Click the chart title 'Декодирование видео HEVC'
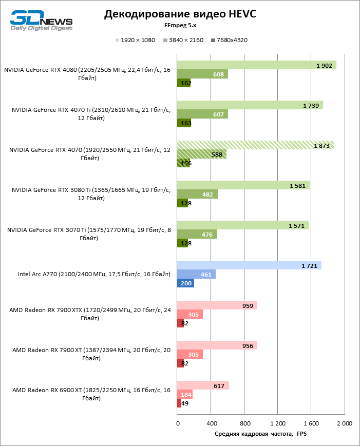(180, 14)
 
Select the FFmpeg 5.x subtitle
(180, 26)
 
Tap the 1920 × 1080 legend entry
(136, 40)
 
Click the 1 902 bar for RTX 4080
(256, 65)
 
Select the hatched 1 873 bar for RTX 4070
(255, 145)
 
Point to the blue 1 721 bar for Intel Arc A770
(249, 265)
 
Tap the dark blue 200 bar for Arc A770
(185, 283)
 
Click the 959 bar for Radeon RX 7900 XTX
(217, 305)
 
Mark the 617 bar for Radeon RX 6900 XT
(203, 385)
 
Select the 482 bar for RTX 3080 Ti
(197, 195)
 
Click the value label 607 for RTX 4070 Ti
(218, 114)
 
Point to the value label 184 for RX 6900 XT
(186, 395)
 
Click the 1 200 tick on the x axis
(278, 423)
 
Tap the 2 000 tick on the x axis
(344, 423)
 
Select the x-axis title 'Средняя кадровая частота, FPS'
(260, 434)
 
